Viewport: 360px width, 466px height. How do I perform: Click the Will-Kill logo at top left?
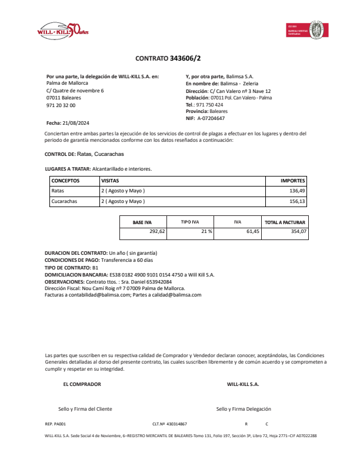[x=62, y=30]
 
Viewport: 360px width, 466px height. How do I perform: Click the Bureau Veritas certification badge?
[x=306, y=29]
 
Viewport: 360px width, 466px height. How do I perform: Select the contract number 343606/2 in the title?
[x=184, y=58]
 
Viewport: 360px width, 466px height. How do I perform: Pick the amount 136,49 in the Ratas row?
[x=298, y=191]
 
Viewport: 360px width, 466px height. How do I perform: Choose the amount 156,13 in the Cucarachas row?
[x=298, y=201]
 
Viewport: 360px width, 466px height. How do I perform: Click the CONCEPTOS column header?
[x=65, y=181]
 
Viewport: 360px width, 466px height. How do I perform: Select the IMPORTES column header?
[x=293, y=181]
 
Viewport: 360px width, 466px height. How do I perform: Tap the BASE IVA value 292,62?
[x=158, y=232]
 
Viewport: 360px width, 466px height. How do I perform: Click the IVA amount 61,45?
[x=252, y=232]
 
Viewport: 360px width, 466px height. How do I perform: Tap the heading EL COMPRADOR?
[x=82, y=384]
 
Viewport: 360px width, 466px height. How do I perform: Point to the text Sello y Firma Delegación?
[x=244, y=408]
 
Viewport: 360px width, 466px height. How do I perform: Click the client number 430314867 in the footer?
[x=176, y=424]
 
